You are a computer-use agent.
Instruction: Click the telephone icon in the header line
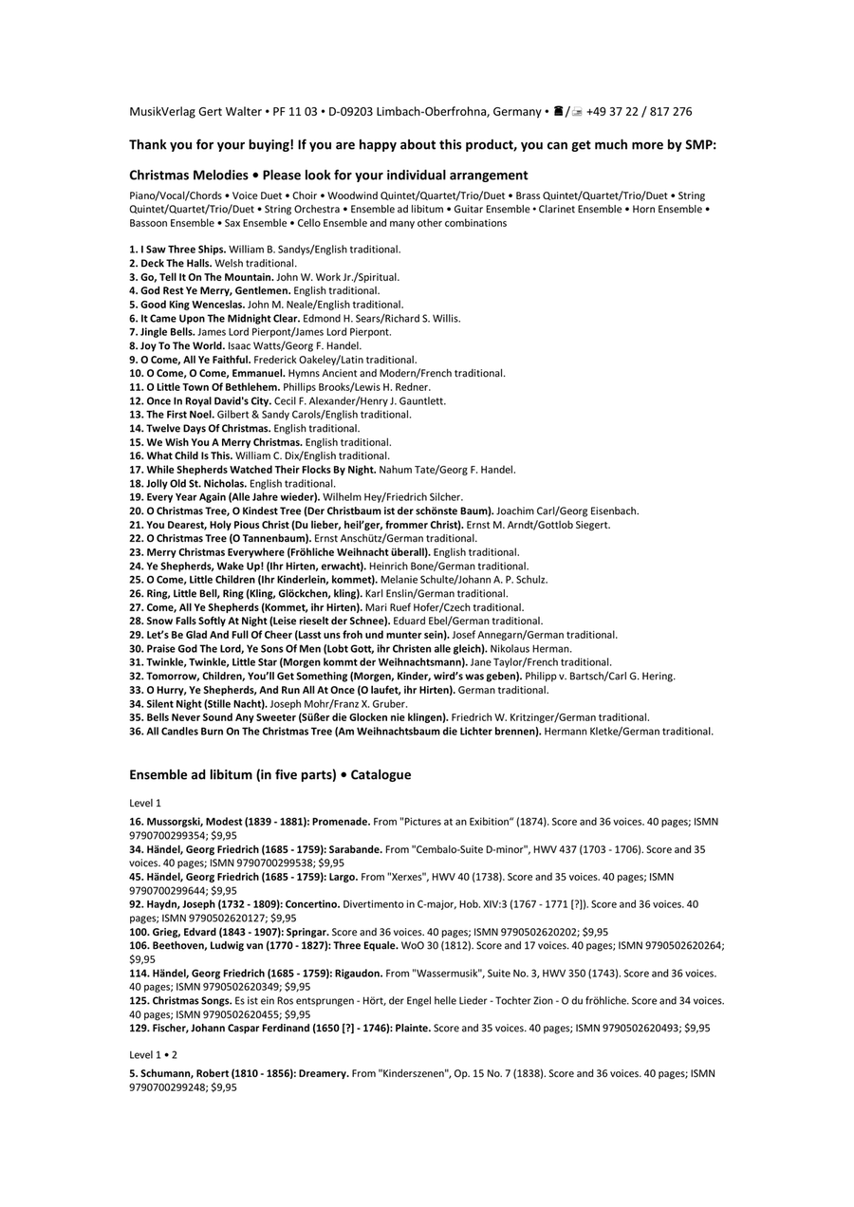[x=558, y=112]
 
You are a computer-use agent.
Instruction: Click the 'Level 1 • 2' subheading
[x=154, y=1055]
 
